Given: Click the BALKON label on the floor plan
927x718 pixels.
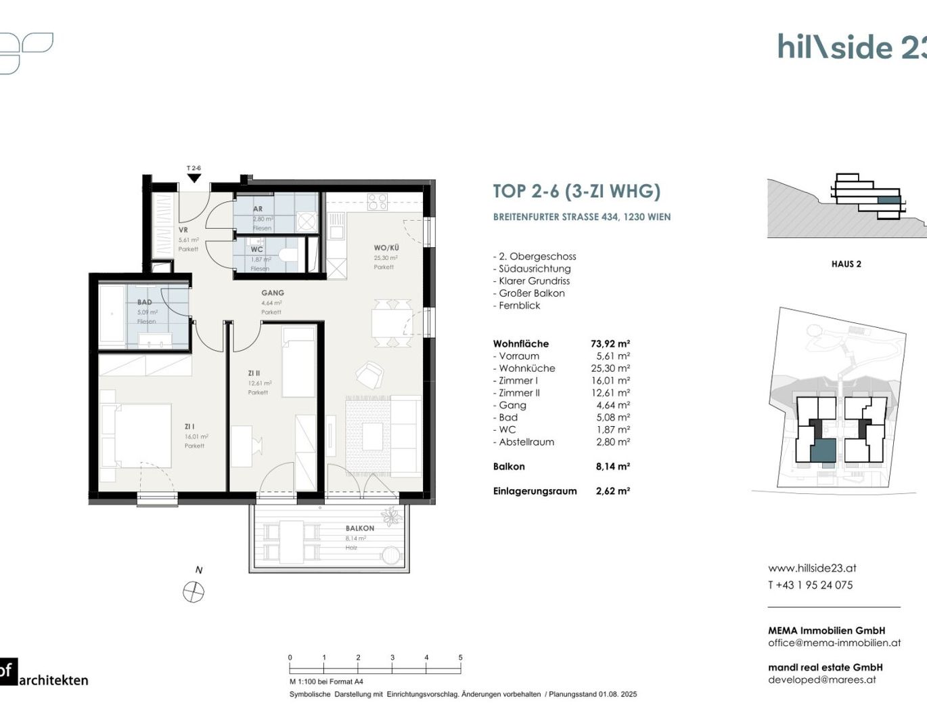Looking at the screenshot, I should [359, 528].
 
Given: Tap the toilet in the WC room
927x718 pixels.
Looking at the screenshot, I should [289, 255].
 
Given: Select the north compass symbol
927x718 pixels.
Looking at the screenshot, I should [194, 593].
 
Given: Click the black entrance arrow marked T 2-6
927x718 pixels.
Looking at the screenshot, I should [194, 178].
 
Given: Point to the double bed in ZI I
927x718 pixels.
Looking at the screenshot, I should [135, 435].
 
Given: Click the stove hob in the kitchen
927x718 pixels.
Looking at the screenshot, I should [377, 201].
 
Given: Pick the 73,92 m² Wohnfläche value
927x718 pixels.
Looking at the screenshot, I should [610, 344].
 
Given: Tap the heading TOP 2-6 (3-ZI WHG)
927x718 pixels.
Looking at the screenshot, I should [576, 192].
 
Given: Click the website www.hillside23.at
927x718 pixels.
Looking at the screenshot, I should [812, 568].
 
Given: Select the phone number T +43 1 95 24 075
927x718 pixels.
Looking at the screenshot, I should [810, 585].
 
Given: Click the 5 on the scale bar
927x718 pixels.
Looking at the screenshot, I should [460, 658].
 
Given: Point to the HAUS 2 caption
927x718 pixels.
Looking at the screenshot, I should [846, 264].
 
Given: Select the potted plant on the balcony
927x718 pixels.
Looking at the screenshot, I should [391, 516].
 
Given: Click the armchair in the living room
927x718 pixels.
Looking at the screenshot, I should [369, 374].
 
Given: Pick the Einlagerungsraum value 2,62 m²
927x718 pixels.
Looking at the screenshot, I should [612, 491].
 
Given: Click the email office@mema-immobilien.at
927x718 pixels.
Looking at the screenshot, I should [834, 643].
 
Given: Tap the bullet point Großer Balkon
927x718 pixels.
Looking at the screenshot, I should [531, 293].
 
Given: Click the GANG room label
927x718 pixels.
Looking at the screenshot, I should [273, 293].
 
